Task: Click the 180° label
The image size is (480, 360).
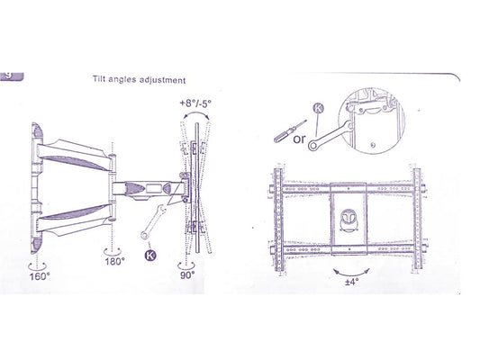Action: (x=113, y=261)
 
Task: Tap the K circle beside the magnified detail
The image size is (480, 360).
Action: (x=319, y=109)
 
